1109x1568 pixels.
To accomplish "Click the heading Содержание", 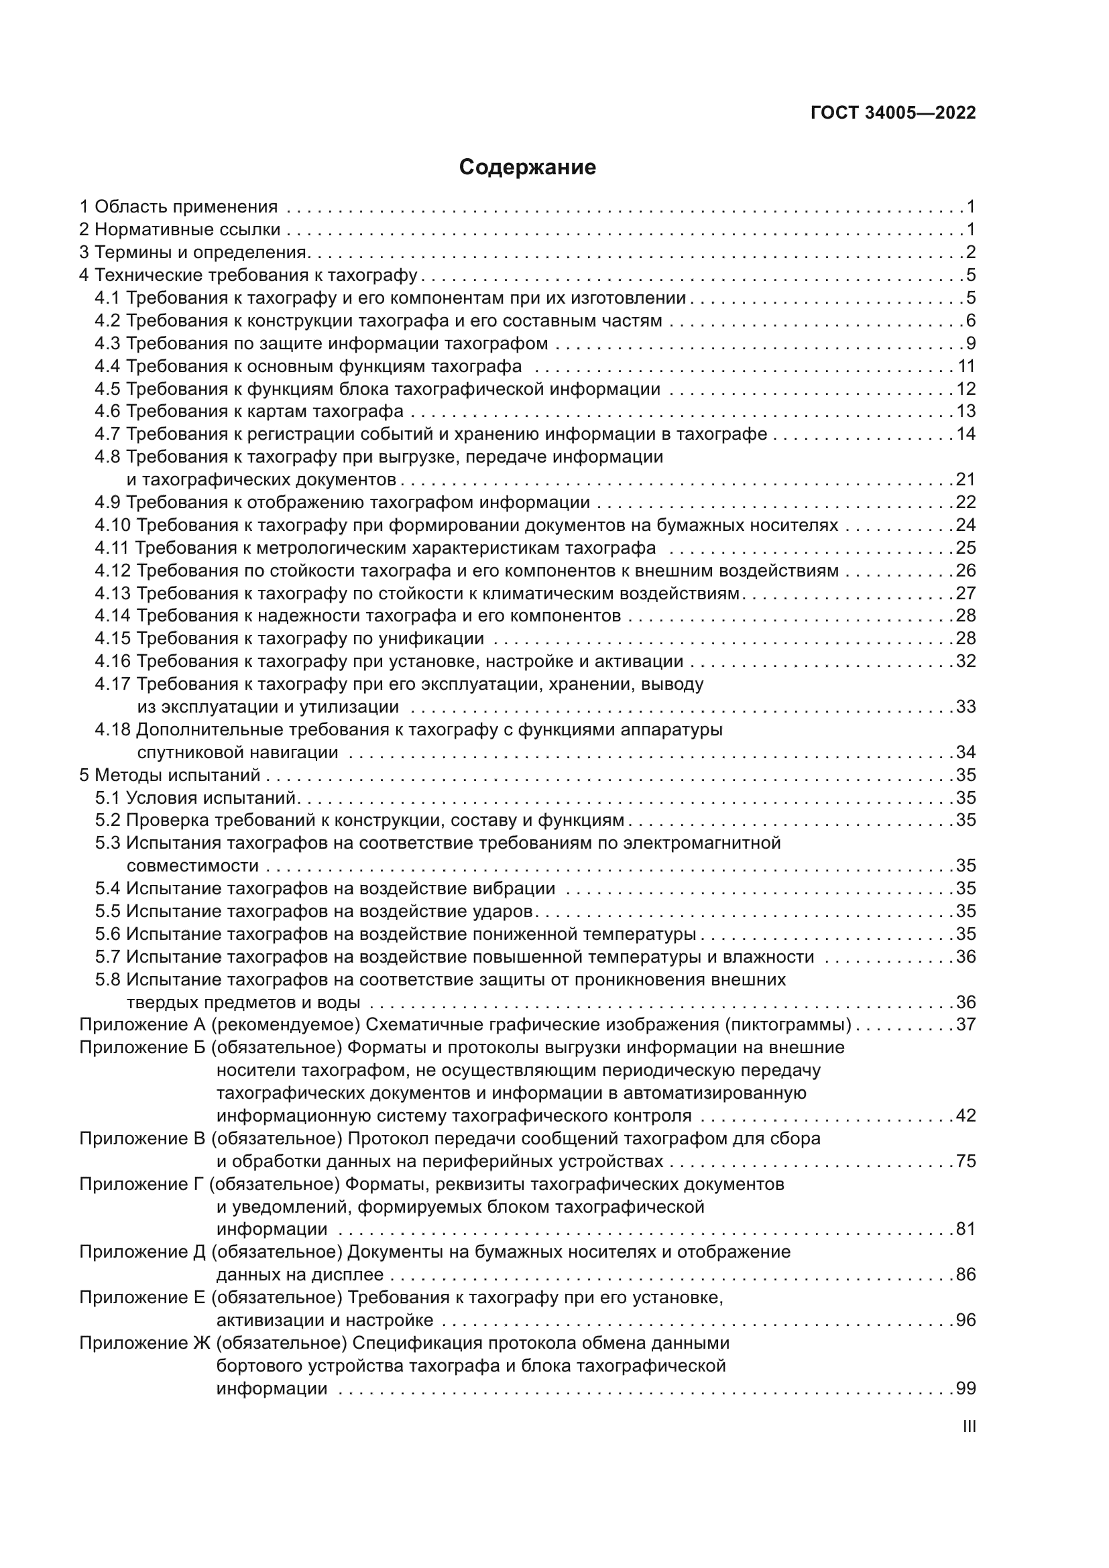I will click(526, 168).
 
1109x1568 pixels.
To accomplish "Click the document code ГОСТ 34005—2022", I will click(893, 113).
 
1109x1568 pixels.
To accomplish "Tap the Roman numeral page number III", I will click(968, 1427).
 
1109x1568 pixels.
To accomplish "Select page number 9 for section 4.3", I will click(970, 343).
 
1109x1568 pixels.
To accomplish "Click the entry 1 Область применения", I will click(178, 207).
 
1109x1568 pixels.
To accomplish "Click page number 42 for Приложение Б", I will click(966, 1116).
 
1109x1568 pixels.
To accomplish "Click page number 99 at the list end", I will click(966, 1388).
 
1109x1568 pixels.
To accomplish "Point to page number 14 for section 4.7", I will click(966, 434).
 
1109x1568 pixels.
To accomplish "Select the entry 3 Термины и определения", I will click(194, 253).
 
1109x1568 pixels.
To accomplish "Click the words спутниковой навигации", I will click(237, 753).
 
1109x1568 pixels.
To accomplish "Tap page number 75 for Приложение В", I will click(966, 1162).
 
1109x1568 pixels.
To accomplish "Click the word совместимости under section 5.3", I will click(192, 866).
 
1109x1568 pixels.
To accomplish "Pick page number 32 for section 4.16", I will click(966, 662).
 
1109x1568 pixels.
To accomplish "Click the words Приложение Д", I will click(143, 1252).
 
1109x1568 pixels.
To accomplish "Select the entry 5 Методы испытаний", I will click(170, 776).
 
